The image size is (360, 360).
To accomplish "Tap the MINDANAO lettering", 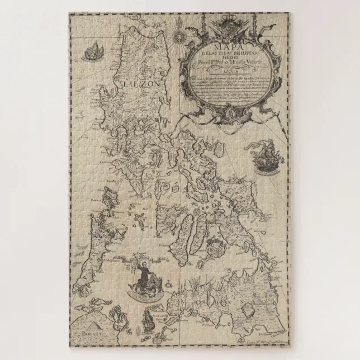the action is click(235, 307).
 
